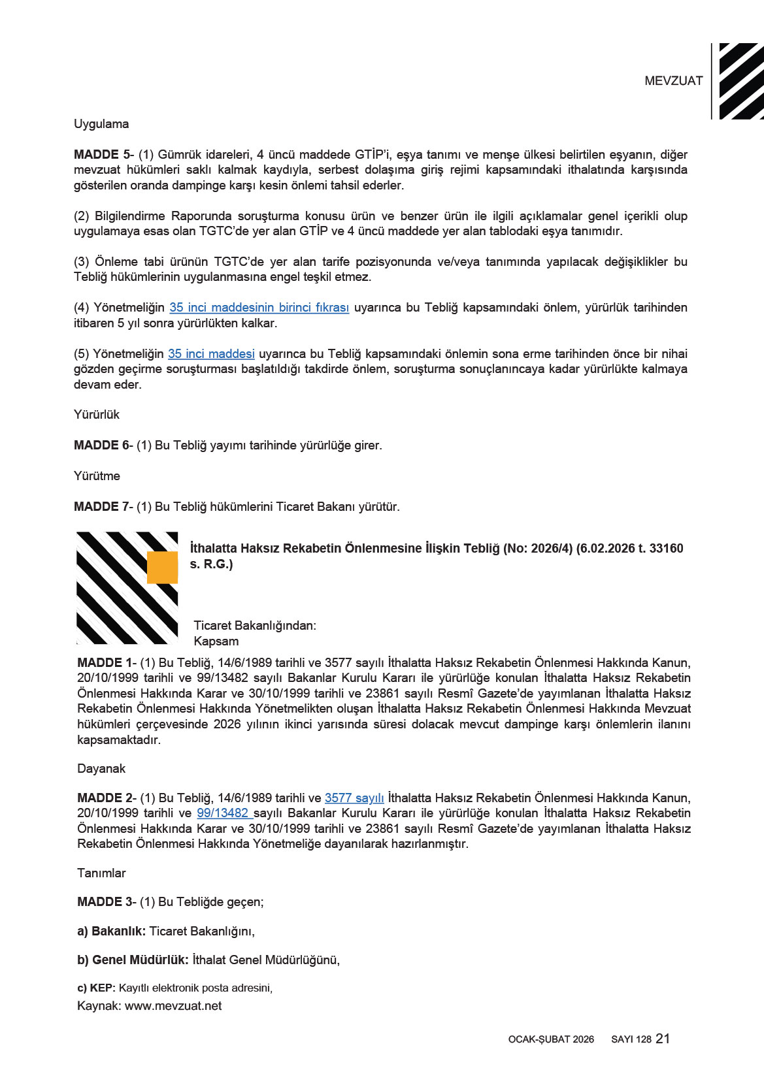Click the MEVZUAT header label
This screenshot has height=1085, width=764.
click(673, 81)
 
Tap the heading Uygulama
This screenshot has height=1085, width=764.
click(101, 124)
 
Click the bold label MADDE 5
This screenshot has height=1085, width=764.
click(101, 155)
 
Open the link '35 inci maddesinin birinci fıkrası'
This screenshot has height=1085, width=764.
click(259, 308)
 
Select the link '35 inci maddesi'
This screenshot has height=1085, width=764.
click(211, 354)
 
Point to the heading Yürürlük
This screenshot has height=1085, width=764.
click(97, 415)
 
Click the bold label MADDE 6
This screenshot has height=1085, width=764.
click(101, 445)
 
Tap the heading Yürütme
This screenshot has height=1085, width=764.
click(97, 476)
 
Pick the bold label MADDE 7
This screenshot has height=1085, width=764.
click(101, 507)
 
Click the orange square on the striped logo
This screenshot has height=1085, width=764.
click(162, 567)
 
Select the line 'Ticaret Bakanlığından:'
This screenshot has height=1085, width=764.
click(255, 626)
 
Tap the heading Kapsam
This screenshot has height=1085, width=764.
click(216, 641)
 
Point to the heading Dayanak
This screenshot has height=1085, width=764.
click(101, 769)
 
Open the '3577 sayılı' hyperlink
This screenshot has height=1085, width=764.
click(354, 798)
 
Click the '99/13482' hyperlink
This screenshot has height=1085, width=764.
click(223, 813)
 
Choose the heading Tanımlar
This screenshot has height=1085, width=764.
click(101, 873)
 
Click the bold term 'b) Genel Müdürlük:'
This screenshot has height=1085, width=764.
click(133, 960)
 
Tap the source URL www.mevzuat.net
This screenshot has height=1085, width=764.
click(173, 1006)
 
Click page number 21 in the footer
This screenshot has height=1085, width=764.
click(663, 1039)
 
